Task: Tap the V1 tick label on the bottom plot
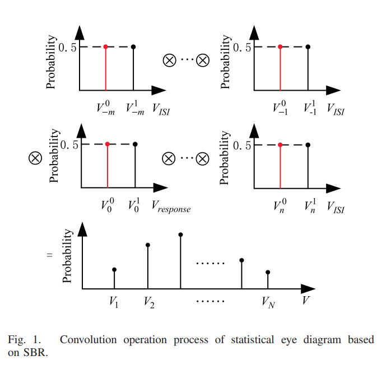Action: [x=114, y=302]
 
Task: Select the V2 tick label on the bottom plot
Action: [x=148, y=302]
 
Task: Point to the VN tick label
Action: [x=268, y=302]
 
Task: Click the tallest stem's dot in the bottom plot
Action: [x=180, y=234]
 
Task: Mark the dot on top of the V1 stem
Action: [x=114, y=269]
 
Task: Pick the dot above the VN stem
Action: [x=268, y=272]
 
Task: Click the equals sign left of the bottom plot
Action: [x=49, y=256]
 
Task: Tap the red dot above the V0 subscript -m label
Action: [x=105, y=46]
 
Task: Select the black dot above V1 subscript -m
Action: [x=133, y=46]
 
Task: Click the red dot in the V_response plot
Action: [x=107, y=144]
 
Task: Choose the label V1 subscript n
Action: [x=309, y=206]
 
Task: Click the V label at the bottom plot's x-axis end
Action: [x=306, y=301]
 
